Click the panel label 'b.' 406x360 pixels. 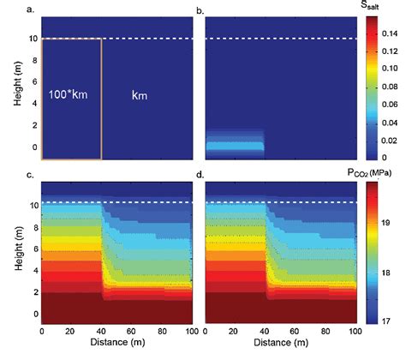coord(199,9)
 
